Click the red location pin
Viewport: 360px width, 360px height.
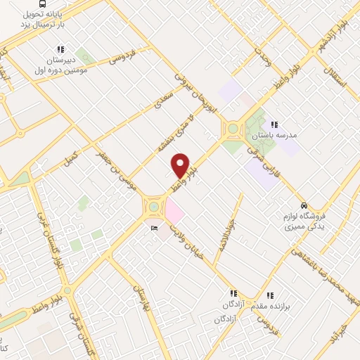pos(181,165)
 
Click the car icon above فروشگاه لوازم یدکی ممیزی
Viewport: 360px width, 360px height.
pos(303,205)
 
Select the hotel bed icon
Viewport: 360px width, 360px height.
pos(154,229)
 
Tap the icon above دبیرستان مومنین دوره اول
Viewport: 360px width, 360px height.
pos(60,49)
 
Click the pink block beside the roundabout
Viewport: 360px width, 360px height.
pos(173,209)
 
